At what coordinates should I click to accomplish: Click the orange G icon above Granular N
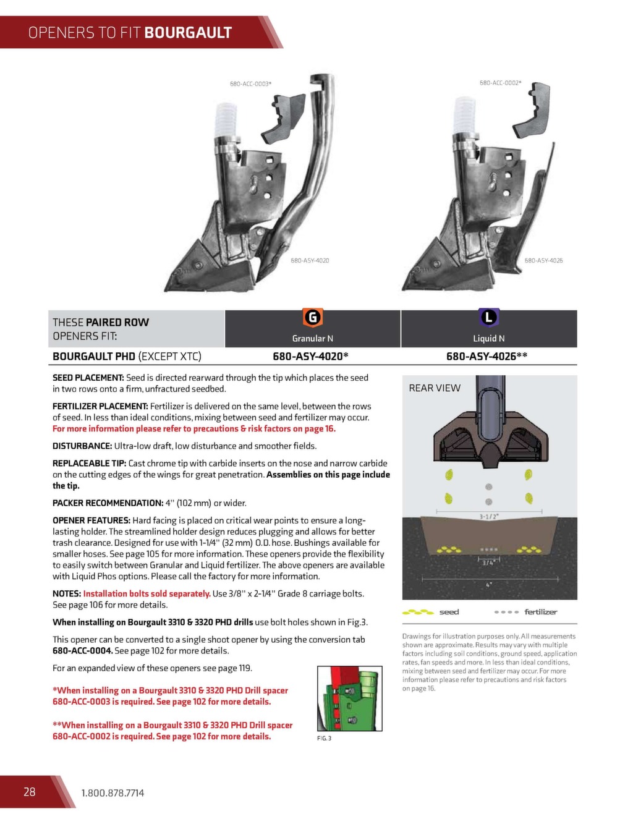tap(313, 318)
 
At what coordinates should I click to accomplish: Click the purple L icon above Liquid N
tap(489, 318)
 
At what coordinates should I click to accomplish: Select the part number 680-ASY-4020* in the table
tap(310, 356)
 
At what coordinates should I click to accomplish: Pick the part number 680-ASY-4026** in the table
tap(486, 356)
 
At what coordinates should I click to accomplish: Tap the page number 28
tap(29, 792)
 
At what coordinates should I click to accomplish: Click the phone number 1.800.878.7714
tap(113, 793)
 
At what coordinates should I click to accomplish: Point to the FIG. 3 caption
tap(324, 739)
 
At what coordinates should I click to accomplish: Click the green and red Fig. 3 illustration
tap(349, 699)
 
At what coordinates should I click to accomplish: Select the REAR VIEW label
tap(435, 388)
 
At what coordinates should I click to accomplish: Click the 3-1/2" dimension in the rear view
tap(488, 516)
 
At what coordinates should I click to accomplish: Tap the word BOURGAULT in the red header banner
tap(188, 33)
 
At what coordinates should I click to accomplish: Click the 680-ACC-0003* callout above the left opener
tap(250, 84)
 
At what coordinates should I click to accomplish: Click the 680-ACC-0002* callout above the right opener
tap(500, 83)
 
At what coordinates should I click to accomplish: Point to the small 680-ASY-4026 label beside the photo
tap(543, 261)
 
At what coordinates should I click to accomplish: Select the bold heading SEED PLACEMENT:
tap(88, 378)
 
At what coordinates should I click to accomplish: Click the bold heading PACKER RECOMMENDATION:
tap(108, 503)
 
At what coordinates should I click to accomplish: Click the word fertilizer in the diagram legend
tap(540, 612)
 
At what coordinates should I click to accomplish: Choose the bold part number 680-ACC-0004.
tap(82, 651)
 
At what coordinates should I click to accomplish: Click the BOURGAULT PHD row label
tap(94, 357)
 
